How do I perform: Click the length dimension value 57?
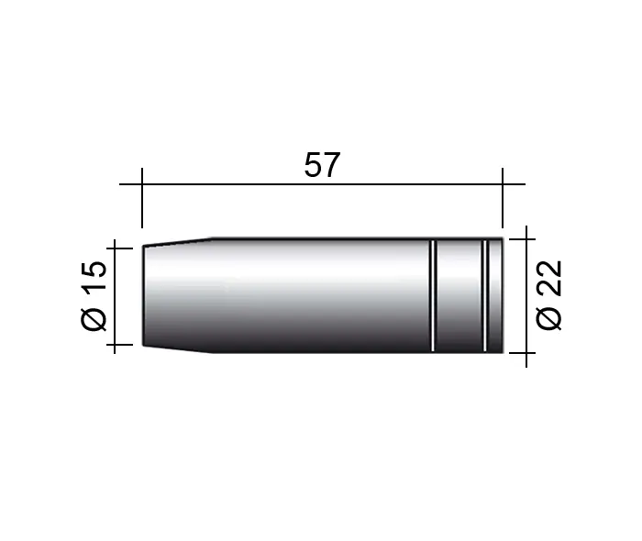pos(322,165)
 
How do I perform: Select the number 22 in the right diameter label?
pos(549,278)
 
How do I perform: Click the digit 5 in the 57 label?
pos(313,165)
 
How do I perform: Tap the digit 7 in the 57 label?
pos(332,165)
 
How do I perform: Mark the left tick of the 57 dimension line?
pos(142,198)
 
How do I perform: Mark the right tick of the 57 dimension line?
pos(503,198)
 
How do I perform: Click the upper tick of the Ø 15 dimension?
pos(119,248)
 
